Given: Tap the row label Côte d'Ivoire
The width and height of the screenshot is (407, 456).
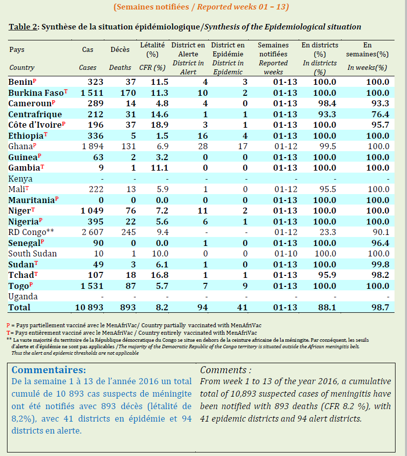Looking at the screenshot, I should click(35, 125).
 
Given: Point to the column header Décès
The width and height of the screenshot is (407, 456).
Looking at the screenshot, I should click(120, 49).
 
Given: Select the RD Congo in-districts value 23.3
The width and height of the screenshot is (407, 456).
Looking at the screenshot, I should click(325, 232).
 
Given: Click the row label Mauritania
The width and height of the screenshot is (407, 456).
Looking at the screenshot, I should click(31, 200).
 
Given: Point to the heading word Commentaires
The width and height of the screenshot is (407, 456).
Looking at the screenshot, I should click(48, 370).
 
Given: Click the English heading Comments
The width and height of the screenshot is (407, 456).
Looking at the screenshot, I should click(225, 370).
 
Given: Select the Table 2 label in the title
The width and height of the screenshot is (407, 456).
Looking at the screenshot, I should click(23, 26).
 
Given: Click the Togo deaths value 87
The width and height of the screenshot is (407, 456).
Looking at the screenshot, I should click(130, 286).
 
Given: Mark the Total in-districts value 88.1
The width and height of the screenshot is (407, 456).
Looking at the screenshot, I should click(325, 307).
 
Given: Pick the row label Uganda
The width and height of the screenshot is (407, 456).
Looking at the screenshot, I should click(23, 296).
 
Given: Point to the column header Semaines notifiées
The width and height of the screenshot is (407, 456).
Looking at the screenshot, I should click(273, 49).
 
